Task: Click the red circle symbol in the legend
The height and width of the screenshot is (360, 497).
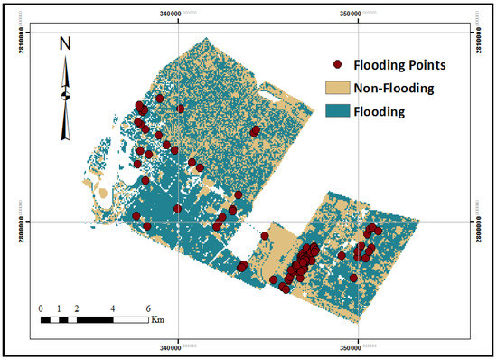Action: tap(338, 65)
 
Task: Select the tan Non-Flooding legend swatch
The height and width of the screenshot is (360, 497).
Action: tap(337, 89)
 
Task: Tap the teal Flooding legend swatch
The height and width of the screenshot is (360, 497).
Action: tap(337, 111)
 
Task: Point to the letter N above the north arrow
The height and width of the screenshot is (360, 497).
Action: tap(65, 43)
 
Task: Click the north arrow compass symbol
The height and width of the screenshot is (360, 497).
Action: tap(65, 95)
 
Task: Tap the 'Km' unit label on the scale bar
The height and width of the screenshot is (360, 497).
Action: tap(158, 319)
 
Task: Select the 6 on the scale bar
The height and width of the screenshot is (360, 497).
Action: tap(147, 308)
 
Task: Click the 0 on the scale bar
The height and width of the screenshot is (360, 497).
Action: tap(42, 308)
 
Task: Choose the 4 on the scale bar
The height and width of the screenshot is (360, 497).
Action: tap(112, 308)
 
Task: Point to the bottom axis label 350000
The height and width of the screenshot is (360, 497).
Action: tap(358, 347)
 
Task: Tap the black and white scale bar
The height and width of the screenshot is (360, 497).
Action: tap(94, 319)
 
